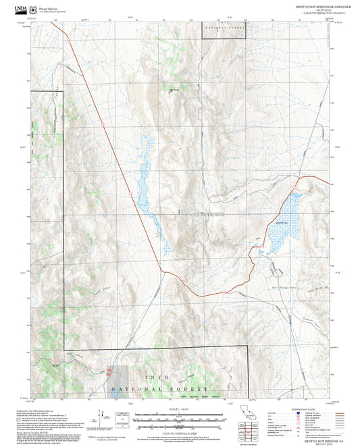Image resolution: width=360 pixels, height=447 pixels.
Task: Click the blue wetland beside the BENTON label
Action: (280, 233)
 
